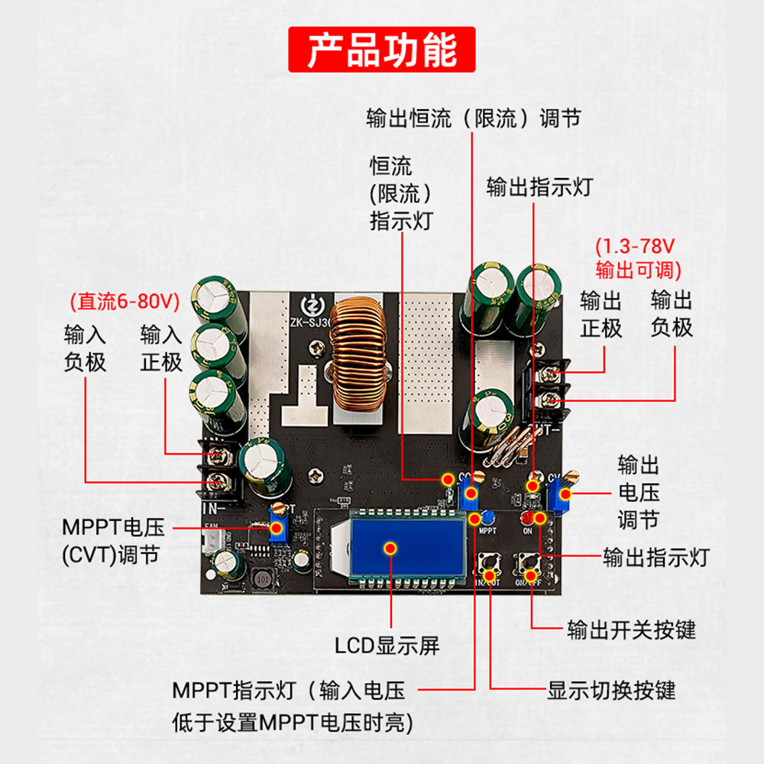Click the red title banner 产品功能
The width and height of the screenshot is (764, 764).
click(381, 50)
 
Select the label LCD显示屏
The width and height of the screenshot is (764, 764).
click(387, 646)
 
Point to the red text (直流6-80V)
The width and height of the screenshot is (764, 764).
click(125, 301)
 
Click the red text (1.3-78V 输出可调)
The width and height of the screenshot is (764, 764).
click(638, 257)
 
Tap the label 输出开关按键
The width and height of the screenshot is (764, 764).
click(631, 630)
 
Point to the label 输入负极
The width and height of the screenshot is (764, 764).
click(85, 348)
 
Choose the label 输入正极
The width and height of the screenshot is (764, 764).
click(161, 348)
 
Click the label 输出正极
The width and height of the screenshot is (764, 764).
click(601, 314)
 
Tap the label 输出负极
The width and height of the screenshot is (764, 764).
click(672, 314)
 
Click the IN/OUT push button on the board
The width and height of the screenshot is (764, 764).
click(488, 567)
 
